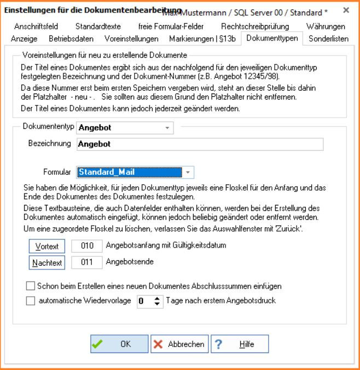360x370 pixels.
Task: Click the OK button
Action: click(119, 344)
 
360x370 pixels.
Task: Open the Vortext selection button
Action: click(47, 246)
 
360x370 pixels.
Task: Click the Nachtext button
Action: click(47, 262)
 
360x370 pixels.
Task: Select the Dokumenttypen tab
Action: click(272, 38)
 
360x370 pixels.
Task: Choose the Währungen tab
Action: click(326, 26)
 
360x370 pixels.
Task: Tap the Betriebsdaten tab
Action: click(71, 38)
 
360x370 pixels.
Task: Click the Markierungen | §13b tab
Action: click(202, 38)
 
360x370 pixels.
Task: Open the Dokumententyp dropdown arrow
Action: click(166, 128)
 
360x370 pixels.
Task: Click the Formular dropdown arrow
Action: click(188, 172)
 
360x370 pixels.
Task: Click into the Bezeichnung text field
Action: click(199, 144)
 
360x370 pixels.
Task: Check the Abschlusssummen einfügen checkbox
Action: click(30, 285)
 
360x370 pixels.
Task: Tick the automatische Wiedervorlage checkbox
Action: click(30, 300)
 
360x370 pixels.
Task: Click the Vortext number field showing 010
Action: click(86, 246)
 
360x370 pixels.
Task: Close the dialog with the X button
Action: click(346, 10)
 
